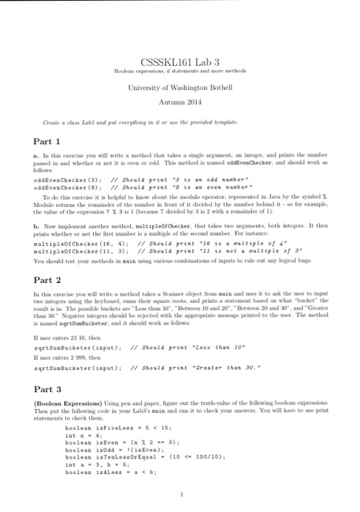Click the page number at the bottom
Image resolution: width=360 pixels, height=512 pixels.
click(x=180, y=495)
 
